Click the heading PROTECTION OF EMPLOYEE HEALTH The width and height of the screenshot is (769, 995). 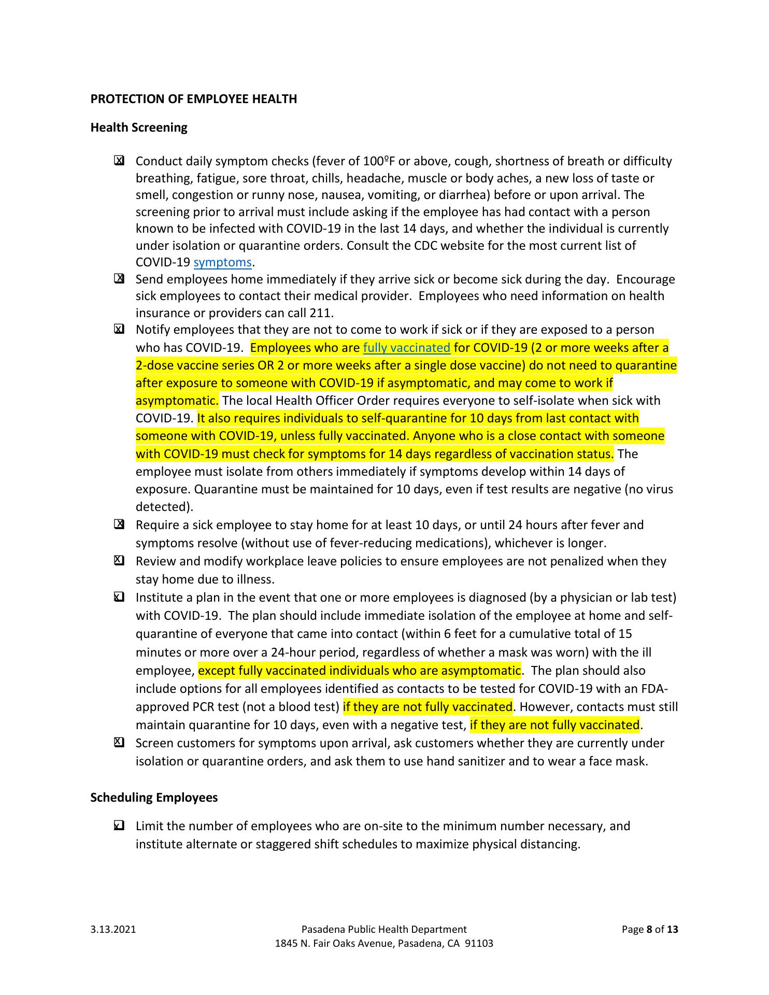point(193,99)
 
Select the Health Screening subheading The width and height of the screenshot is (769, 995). point(138,127)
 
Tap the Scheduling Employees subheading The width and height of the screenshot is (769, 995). point(154,798)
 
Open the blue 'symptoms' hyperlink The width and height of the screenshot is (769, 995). point(222,263)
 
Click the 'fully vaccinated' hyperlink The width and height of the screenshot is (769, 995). point(406,348)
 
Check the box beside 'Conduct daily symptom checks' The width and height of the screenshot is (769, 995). point(119,161)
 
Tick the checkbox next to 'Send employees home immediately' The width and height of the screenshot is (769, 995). point(119,279)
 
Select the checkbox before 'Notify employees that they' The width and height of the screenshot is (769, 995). point(119,330)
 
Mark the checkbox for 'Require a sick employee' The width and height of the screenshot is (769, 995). point(119,525)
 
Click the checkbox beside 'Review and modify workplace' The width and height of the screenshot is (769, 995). point(119,561)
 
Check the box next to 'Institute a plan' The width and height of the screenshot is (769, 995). point(119,598)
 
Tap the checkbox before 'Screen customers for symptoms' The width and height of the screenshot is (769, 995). point(119,743)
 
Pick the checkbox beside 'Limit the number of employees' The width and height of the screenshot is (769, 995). point(119,826)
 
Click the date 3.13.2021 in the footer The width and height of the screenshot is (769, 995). point(113,929)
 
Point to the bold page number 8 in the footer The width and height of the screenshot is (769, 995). point(650,929)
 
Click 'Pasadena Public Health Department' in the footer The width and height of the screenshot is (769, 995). point(383,929)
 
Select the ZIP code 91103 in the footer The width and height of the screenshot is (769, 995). point(479,943)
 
